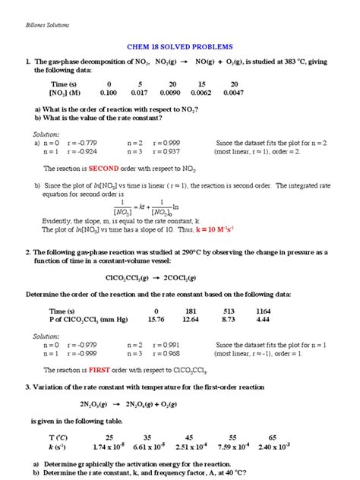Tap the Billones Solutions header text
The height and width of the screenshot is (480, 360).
coord(43,24)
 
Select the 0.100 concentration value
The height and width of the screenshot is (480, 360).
coord(109,93)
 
